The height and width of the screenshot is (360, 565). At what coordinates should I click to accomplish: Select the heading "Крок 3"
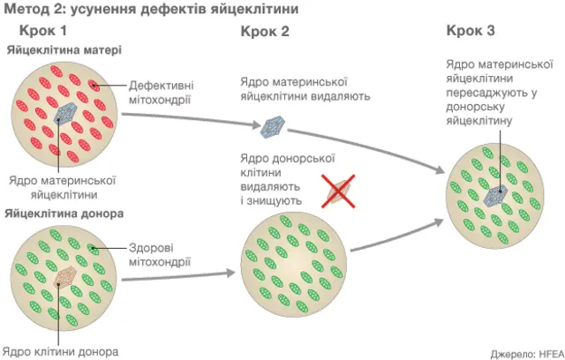(x=471, y=31)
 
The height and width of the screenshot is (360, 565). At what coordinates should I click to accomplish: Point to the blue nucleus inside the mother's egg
(x=66, y=114)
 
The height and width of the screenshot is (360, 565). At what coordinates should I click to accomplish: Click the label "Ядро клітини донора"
(x=60, y=350)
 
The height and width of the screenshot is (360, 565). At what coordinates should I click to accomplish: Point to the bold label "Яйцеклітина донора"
(x=64, y=214)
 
